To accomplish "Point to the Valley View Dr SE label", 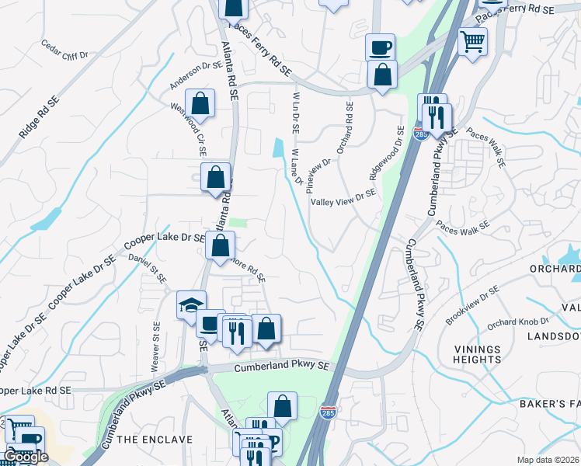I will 343,201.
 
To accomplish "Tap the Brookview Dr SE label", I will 472,305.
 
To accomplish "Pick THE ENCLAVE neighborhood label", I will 155,440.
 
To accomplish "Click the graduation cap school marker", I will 191,305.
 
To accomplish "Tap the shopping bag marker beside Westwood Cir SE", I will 200,105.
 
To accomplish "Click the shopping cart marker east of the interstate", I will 472,40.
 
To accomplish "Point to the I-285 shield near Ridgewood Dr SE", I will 420,134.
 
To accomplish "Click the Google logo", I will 26,457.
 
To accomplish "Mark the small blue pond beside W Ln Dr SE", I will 278,147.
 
